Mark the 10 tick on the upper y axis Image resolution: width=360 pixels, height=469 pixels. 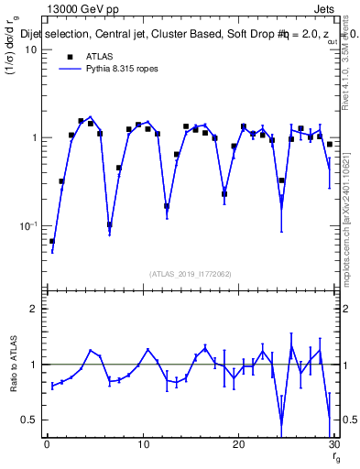(30, 49)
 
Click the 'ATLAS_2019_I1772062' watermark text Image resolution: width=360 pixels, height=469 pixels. (190, 274)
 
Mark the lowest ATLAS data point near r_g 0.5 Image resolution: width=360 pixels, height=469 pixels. (51, 242)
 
